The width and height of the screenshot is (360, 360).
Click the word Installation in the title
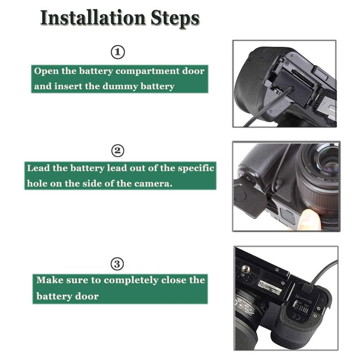pos(93,18)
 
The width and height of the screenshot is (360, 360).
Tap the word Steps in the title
pos(175,19)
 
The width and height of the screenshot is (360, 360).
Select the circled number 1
pos(118,52)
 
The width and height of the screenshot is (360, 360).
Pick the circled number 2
pos(117,151)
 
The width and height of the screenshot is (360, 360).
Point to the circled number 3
pos(117,264)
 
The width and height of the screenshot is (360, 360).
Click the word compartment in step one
pos(148,72)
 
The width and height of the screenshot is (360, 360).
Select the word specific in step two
pos(196,168)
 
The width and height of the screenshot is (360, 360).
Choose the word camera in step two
pos(153,184)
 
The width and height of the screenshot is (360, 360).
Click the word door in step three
pos(87,297)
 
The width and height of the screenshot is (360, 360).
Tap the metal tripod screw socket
pos(246,268)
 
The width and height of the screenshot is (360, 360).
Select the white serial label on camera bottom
pos(269,287)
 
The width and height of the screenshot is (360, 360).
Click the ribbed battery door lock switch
pos(301,309)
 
